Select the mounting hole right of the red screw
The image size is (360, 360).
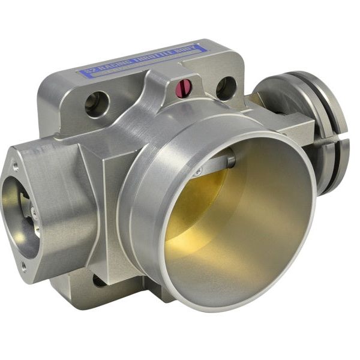[x=226, y=88]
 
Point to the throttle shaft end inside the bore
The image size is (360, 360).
[x=230, y=158]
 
